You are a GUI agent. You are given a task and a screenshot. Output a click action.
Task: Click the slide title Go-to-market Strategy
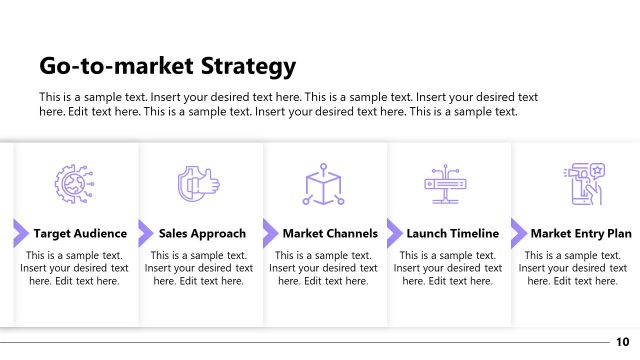(x=167, y=67)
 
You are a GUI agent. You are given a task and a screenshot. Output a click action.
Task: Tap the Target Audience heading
(x=80, y=234)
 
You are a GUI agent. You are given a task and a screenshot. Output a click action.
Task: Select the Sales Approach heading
(x=202, y=234)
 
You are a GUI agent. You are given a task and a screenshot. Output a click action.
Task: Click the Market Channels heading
(x=330, y=234)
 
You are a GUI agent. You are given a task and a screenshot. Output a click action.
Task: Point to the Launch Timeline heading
(x=452, y=234)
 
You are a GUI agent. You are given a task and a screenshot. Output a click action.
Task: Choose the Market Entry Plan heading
(x=581, y=234)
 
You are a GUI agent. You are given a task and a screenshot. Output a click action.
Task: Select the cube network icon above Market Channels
(x=323, y=184)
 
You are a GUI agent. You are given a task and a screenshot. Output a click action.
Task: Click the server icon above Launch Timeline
(x=447, y=184)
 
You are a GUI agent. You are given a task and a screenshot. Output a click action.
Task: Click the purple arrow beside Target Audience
(x=20, y=234)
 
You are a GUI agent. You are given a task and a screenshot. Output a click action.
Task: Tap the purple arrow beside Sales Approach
(x=145, y=234)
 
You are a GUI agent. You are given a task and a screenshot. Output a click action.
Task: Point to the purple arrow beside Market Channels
(x=270, y=234)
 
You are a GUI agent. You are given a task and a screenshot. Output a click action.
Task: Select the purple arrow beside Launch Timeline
(x=394, y=234)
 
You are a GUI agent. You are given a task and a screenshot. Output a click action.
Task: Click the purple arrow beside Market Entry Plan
(x=518, y=234)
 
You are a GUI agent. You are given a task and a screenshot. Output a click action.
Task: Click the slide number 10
(x=622, y=342)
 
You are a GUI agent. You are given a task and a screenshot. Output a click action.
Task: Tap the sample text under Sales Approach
(x=199, y=268)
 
